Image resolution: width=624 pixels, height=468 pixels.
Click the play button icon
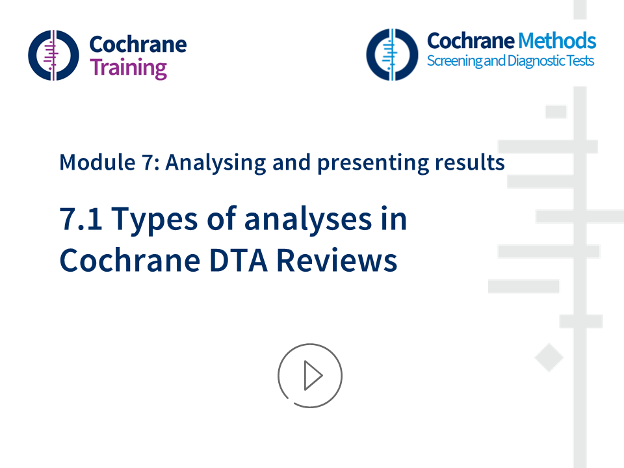pos(310,376)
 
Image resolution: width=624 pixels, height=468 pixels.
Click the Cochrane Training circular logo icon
pos(53,55)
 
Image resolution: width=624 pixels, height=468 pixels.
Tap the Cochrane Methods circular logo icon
pos(391,54)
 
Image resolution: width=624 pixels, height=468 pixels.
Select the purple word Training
pos(128,68)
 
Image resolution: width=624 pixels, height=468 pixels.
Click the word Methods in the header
pos(556,41)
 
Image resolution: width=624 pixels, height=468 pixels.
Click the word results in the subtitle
pos(469,162)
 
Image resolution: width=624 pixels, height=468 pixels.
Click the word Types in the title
pos(152,220)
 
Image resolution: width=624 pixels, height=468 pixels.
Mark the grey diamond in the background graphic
pos(549,358)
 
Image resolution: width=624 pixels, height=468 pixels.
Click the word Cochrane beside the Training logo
pos(138,44)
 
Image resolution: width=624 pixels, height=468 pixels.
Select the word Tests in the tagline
pos(577,62)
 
